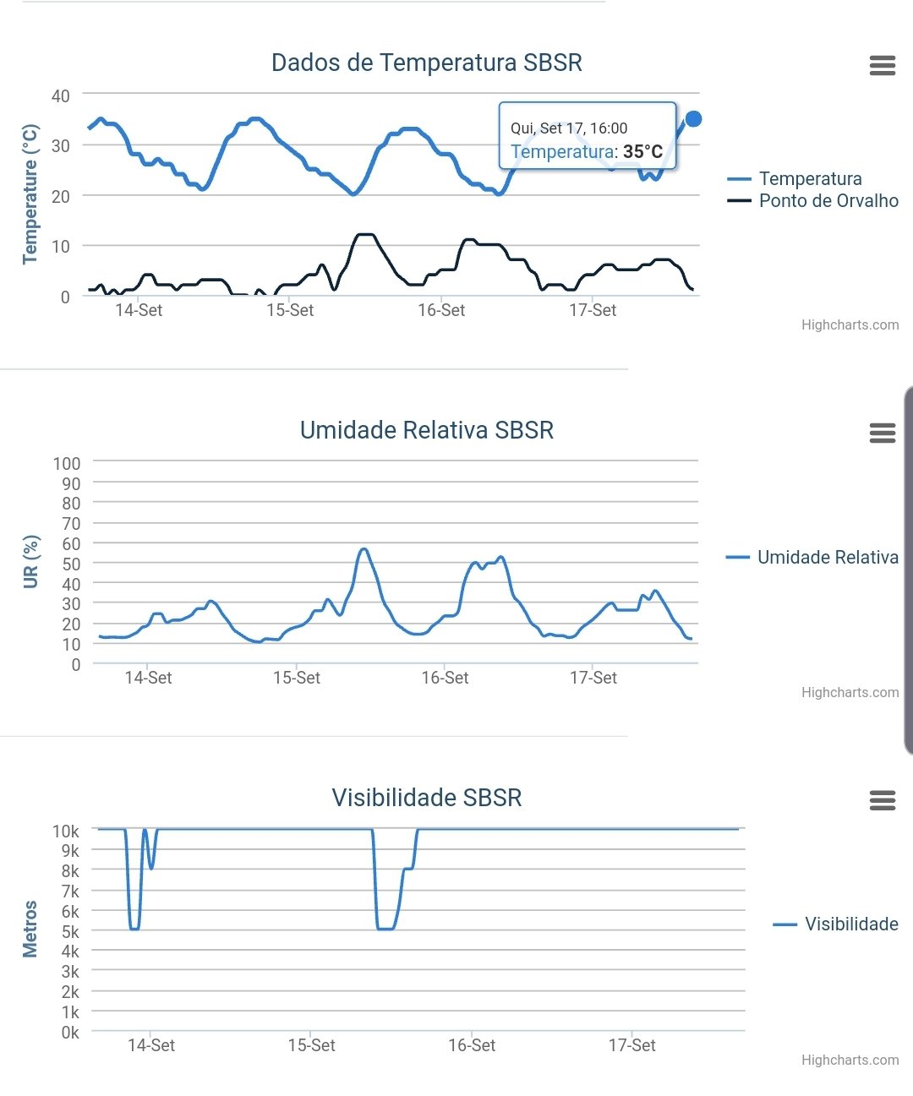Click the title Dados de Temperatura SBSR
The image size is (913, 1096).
(426, 63)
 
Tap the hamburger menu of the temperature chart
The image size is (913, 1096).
(882, 66)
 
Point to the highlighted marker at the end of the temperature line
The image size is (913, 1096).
(693, 119)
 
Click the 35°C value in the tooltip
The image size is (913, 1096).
(642, 152)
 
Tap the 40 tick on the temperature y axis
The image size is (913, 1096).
(60, 96)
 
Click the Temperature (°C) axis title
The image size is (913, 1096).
(30, 194)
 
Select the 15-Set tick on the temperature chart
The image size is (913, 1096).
(289, 310)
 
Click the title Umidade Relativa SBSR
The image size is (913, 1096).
(426, 430)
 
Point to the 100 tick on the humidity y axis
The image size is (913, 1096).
(67, 464)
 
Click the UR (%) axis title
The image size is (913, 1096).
(31, 562)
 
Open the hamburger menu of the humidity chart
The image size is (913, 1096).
(882, 433)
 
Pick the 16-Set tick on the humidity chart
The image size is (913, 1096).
(445, 678)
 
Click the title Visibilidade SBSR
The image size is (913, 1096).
(426, 798)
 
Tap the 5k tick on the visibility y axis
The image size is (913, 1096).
(70, 932)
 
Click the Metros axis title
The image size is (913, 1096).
(30, 929)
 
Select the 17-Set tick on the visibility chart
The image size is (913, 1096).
(631, 1045)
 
